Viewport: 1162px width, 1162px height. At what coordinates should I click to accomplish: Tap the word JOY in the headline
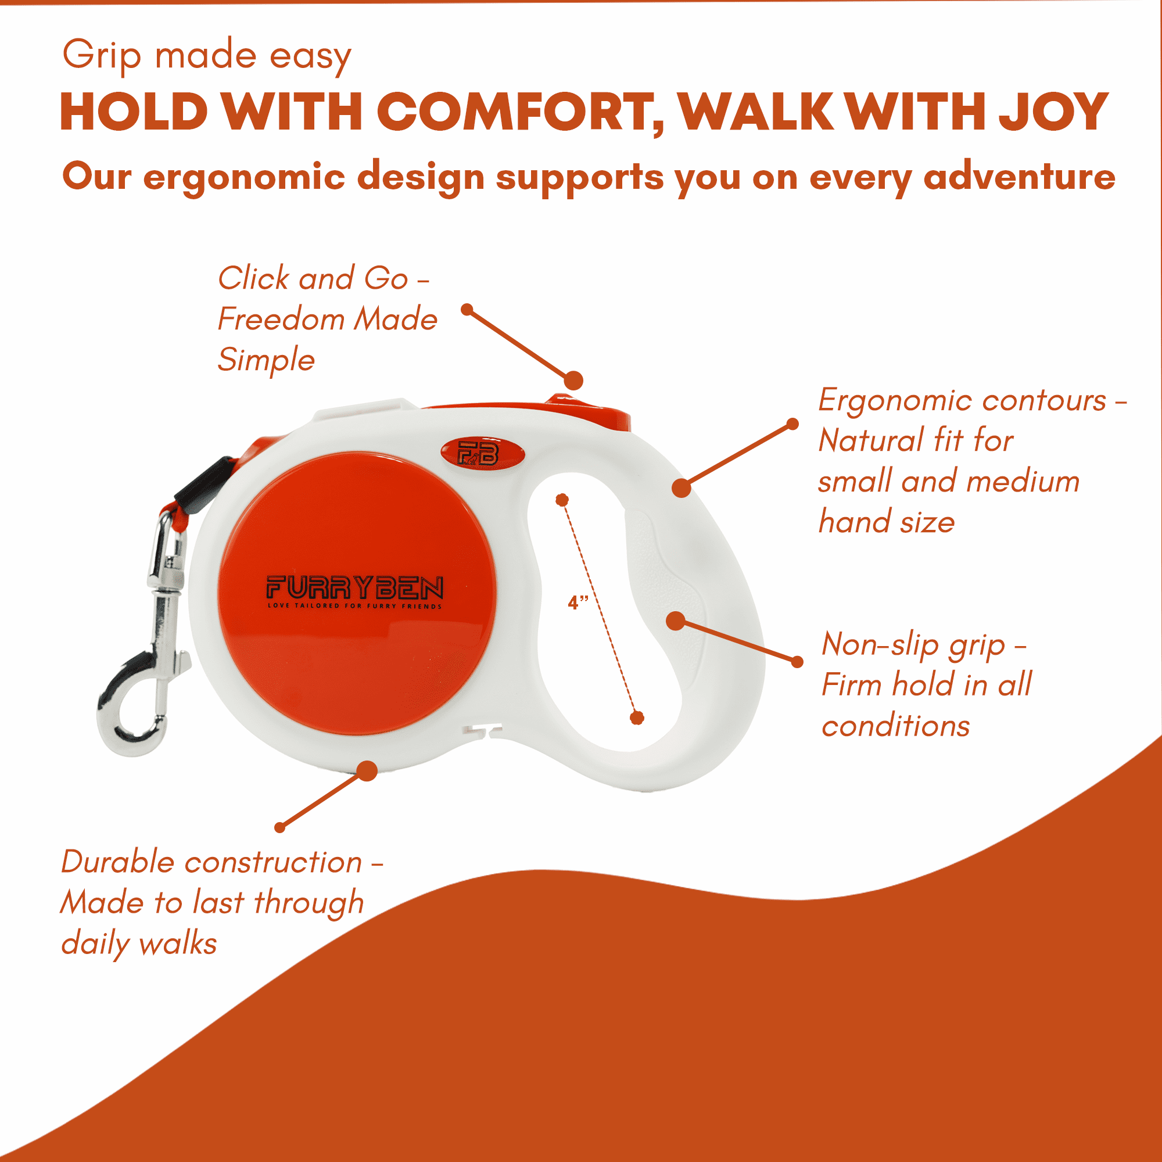tap(1054, 112)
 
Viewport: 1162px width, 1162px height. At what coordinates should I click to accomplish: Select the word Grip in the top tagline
tap(102, 56)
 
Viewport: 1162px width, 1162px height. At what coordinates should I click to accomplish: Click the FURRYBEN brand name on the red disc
tap(355, 587)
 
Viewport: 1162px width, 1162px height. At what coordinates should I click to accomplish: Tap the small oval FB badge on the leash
tap(482, 454)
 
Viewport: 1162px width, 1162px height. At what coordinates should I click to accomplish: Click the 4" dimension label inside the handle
tap(578, 602)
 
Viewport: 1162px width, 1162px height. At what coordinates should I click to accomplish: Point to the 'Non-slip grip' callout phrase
tap(913, 645)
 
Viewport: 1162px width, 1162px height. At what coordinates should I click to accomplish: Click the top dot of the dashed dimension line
tap(562, 500)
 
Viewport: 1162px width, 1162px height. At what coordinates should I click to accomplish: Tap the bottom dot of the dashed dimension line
tap(637, 718)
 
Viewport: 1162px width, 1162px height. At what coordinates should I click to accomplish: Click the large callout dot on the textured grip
tap(676, 621)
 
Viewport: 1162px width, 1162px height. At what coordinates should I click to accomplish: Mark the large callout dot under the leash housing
tap(367, 771)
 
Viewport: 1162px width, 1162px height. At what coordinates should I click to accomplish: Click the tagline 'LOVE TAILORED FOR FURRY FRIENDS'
tap(355, 605)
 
